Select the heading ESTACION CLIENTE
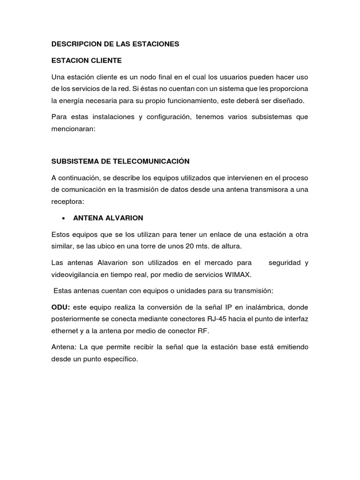[x=86, y=60]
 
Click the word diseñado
[x=287, y=100]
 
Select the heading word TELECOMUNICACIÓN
[x=151, y=161]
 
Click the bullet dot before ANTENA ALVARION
[x=62, y=218]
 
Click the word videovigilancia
[x=77, y=275]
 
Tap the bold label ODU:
[x=60, y=307]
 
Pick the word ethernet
[x=65, y=330]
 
